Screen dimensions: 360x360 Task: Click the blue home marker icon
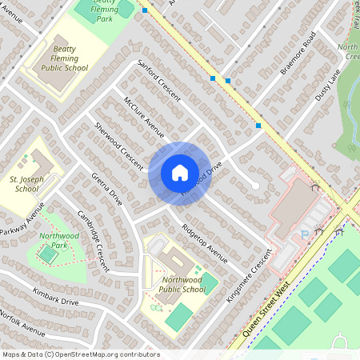[179, 173]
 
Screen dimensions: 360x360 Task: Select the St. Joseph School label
[26, 184]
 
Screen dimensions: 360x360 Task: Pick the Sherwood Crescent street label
[117, 145]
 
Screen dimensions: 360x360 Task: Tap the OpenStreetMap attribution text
[80, 354]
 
